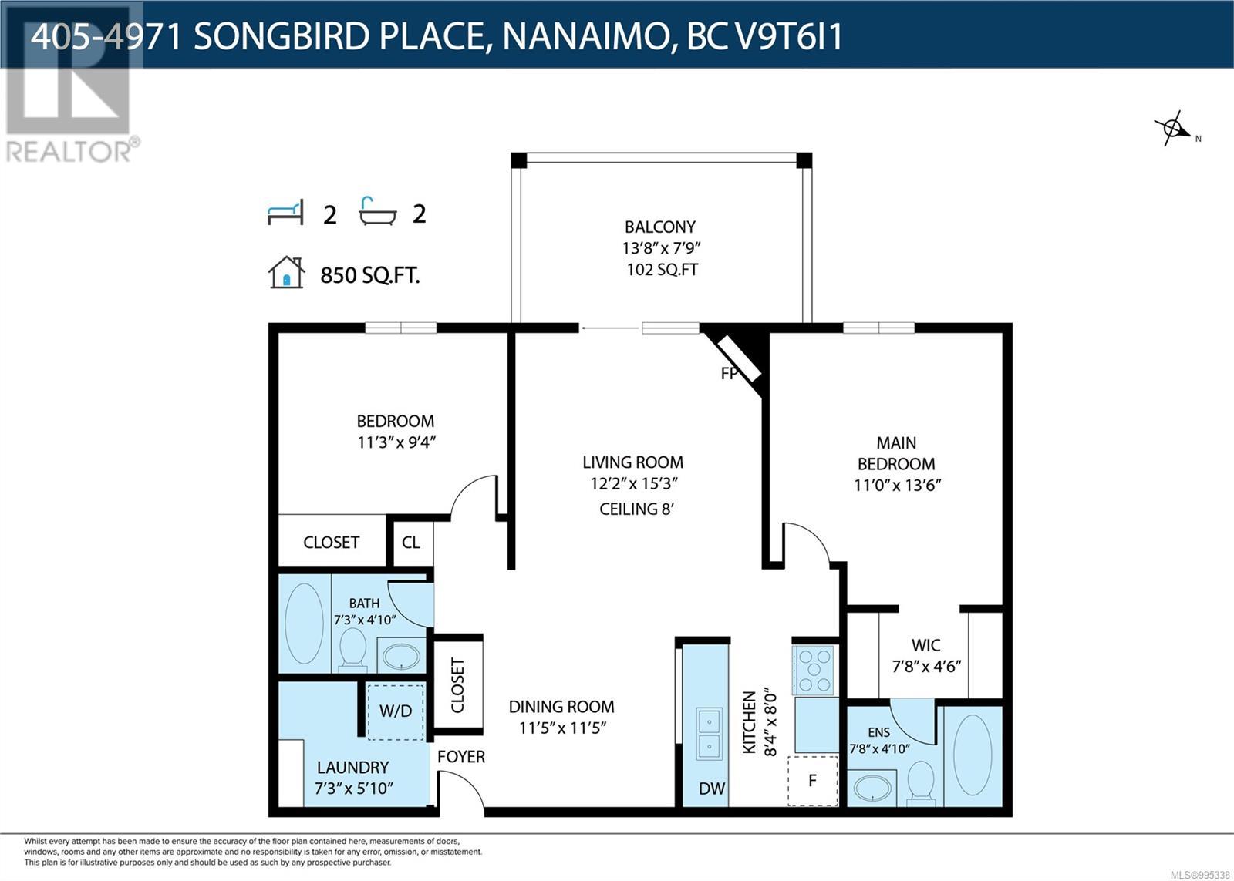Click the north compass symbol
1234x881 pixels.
1173,129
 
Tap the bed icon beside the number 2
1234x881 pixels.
285,213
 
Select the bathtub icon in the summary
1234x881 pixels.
377,211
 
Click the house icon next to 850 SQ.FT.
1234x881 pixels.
286,272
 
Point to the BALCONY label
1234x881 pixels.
660,227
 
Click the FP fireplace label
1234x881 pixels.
729,374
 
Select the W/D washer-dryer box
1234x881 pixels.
396,711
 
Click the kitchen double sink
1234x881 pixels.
709,734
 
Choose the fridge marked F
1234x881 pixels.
813,781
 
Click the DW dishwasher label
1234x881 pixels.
712,789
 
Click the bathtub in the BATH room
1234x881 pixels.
304,624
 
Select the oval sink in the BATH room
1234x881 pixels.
402,657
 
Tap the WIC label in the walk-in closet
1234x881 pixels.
926,645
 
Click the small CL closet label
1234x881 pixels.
410,543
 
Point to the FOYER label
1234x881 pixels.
461,757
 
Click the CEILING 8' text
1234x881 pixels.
637,509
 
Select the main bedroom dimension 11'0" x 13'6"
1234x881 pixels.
898,485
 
